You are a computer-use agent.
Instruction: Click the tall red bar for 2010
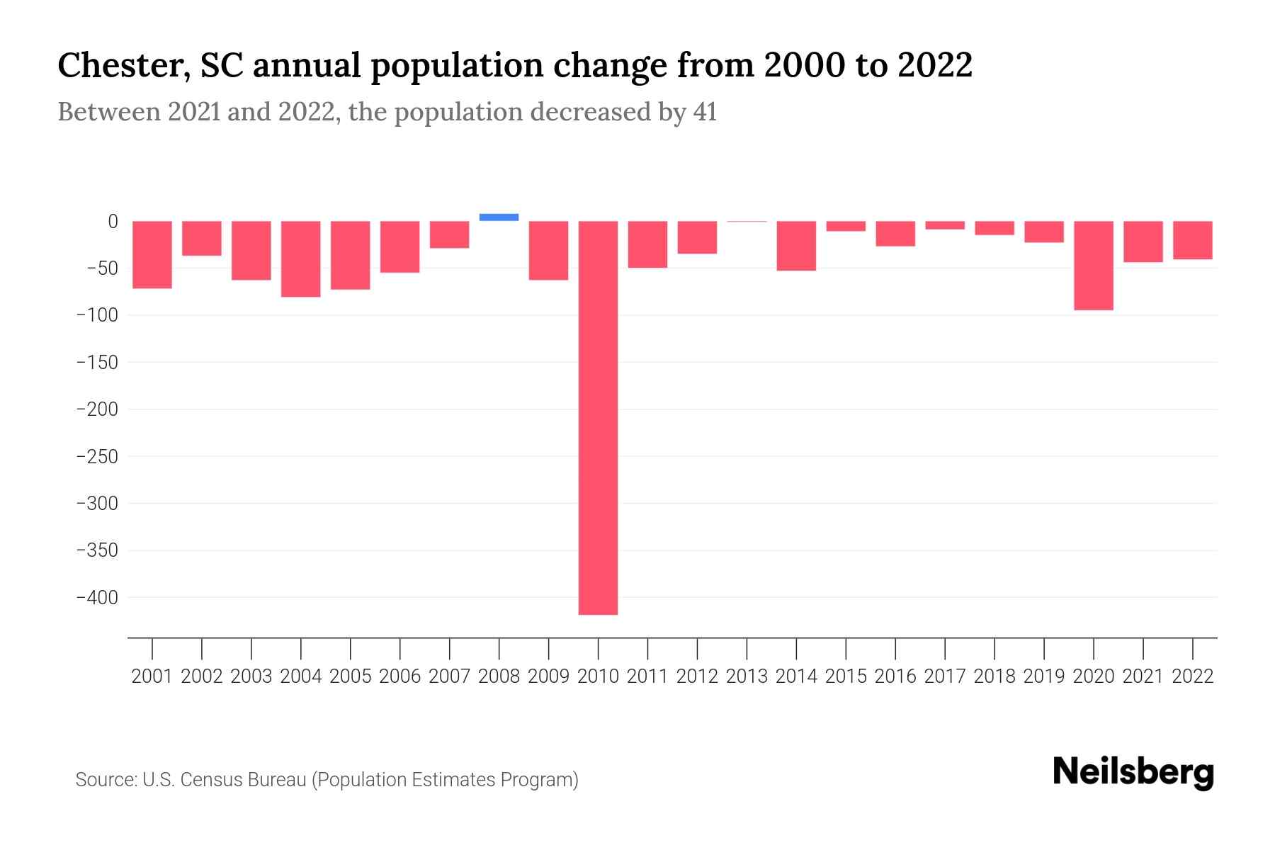[598, 418]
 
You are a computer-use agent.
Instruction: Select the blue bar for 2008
[499, 217]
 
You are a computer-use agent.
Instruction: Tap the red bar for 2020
[1093, 266]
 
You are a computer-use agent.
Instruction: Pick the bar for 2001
[152, 255]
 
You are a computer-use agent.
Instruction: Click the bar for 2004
[301, 259]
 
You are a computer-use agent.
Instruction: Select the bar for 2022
[1192, 240]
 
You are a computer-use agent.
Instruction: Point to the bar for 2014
[796, 246]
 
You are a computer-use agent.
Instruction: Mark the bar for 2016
[895, 234]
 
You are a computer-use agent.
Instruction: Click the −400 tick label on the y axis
[97, 598]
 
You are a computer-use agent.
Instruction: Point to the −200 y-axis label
[97, 409]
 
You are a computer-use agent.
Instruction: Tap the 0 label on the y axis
[113, 222]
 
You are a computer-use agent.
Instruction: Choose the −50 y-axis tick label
[102, 268]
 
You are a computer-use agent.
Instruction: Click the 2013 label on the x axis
[747, 676]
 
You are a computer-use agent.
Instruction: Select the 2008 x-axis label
[499, 676]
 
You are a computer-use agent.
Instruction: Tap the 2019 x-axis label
[1043, 676]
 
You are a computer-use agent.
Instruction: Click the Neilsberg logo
[1133, 772]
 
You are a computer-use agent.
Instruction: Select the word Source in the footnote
[105, 780]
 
